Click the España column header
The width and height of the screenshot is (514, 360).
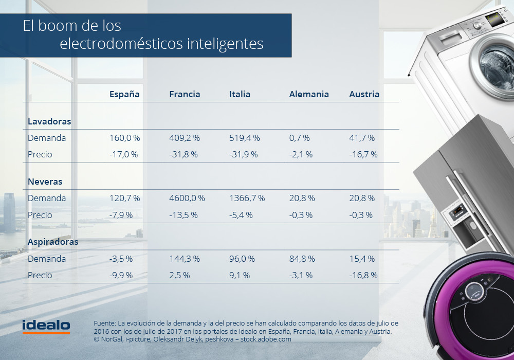click(124, 94)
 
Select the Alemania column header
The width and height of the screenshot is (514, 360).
click(309, 94)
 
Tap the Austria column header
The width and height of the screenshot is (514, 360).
click(364, 94)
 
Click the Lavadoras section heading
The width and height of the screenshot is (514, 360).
click(49, 121)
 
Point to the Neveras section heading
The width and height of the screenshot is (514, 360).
click(45, 182)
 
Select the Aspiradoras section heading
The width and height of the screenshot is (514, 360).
click(53, 242)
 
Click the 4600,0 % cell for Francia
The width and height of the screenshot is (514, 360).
click(187, 198)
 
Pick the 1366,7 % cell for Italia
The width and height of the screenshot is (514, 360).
click(247, 198)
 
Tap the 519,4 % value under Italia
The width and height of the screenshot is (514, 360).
click(244, 138)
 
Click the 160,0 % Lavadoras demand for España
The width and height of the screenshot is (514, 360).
click(124, 138)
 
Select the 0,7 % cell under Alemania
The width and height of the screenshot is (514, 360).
click(299, 138)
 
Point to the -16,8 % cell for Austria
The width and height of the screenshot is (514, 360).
click(363, 275)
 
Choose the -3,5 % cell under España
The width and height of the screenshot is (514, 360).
click(121, 259)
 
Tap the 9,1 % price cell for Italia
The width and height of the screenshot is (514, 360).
click(240, 275)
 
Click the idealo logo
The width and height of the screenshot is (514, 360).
click(46, 326)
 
